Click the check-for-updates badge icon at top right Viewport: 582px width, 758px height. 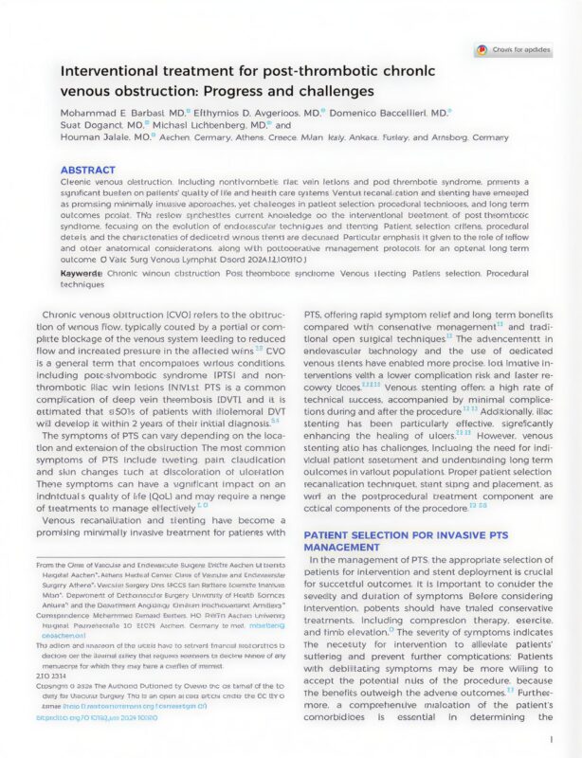[482, 50]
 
